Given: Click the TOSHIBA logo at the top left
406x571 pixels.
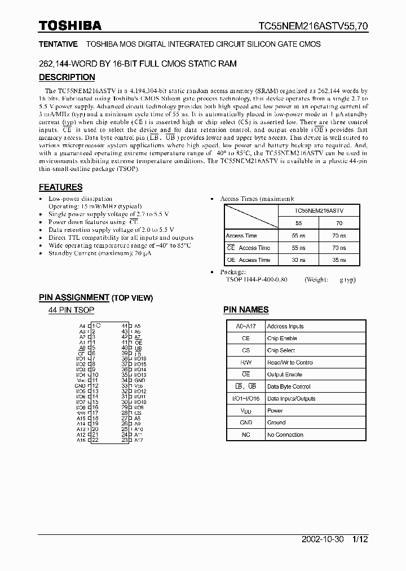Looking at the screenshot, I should point(70,25).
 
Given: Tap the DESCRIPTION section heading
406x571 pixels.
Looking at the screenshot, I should point(67,77).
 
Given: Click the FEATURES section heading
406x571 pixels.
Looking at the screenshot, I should point(60,187).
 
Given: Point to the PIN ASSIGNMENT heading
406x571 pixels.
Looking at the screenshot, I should point(74,297).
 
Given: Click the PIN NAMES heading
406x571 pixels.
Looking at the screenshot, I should point(246,309).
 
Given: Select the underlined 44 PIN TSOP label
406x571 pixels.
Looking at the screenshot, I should point(72,310).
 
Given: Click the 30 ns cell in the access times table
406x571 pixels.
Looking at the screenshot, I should point(298,260).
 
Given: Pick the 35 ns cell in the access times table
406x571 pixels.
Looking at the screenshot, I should point(339,260).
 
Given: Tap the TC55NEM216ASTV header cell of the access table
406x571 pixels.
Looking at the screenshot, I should point(319,210).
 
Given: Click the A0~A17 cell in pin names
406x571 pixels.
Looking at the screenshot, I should point(245,326).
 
